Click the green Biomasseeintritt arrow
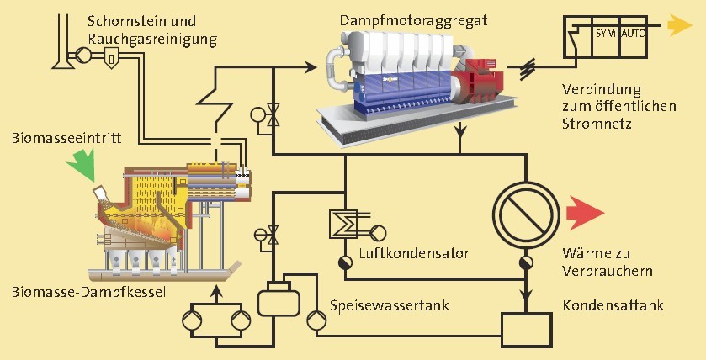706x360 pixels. [82, 164]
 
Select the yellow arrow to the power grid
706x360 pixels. [680, 25]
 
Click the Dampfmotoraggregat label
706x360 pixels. [413, 20]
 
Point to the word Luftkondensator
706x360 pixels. [414, 253]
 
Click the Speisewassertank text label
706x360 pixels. [390, 305]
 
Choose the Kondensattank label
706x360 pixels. [613, 305]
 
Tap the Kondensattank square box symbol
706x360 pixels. [527, 331]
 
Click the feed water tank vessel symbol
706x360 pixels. [279, 299]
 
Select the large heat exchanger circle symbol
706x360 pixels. [526, 215]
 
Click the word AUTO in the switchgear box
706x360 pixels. [634, 34]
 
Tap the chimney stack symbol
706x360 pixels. [63, 41]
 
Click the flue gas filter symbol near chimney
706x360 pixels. [111, 58]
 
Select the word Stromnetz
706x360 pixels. [597, 124]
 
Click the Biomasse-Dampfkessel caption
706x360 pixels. [88, 293]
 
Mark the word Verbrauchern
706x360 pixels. [608, 272]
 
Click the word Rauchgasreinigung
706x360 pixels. [152, 40]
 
